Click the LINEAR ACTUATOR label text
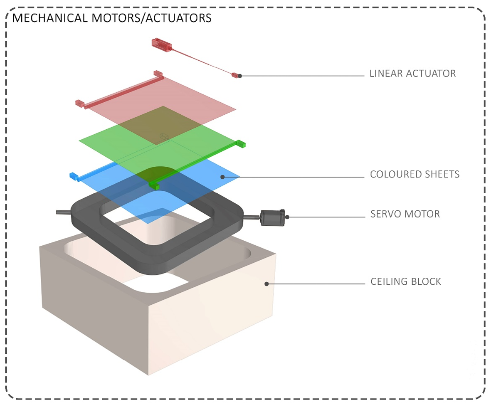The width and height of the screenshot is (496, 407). coord(412,74)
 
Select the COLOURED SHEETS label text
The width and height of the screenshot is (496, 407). coord(415,174)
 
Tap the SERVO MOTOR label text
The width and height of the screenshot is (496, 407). coord(405,215)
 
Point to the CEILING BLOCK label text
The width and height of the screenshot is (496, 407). coord(405,282)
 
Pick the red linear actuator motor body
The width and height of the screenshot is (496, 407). coord(161,44)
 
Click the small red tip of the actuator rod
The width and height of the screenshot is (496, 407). coord(235,75)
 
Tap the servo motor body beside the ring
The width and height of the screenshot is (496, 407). coord(272,217)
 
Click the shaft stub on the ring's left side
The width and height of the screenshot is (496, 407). coord(63,212)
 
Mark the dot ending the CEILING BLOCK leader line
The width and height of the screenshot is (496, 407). coord(267,284)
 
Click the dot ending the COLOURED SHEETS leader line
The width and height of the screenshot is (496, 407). coord(222,177)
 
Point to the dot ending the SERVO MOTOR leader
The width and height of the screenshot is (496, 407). coord(287,217)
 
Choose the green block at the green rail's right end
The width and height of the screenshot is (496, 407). coord(241,144)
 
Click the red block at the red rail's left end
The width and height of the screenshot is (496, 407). coord(79,103)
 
